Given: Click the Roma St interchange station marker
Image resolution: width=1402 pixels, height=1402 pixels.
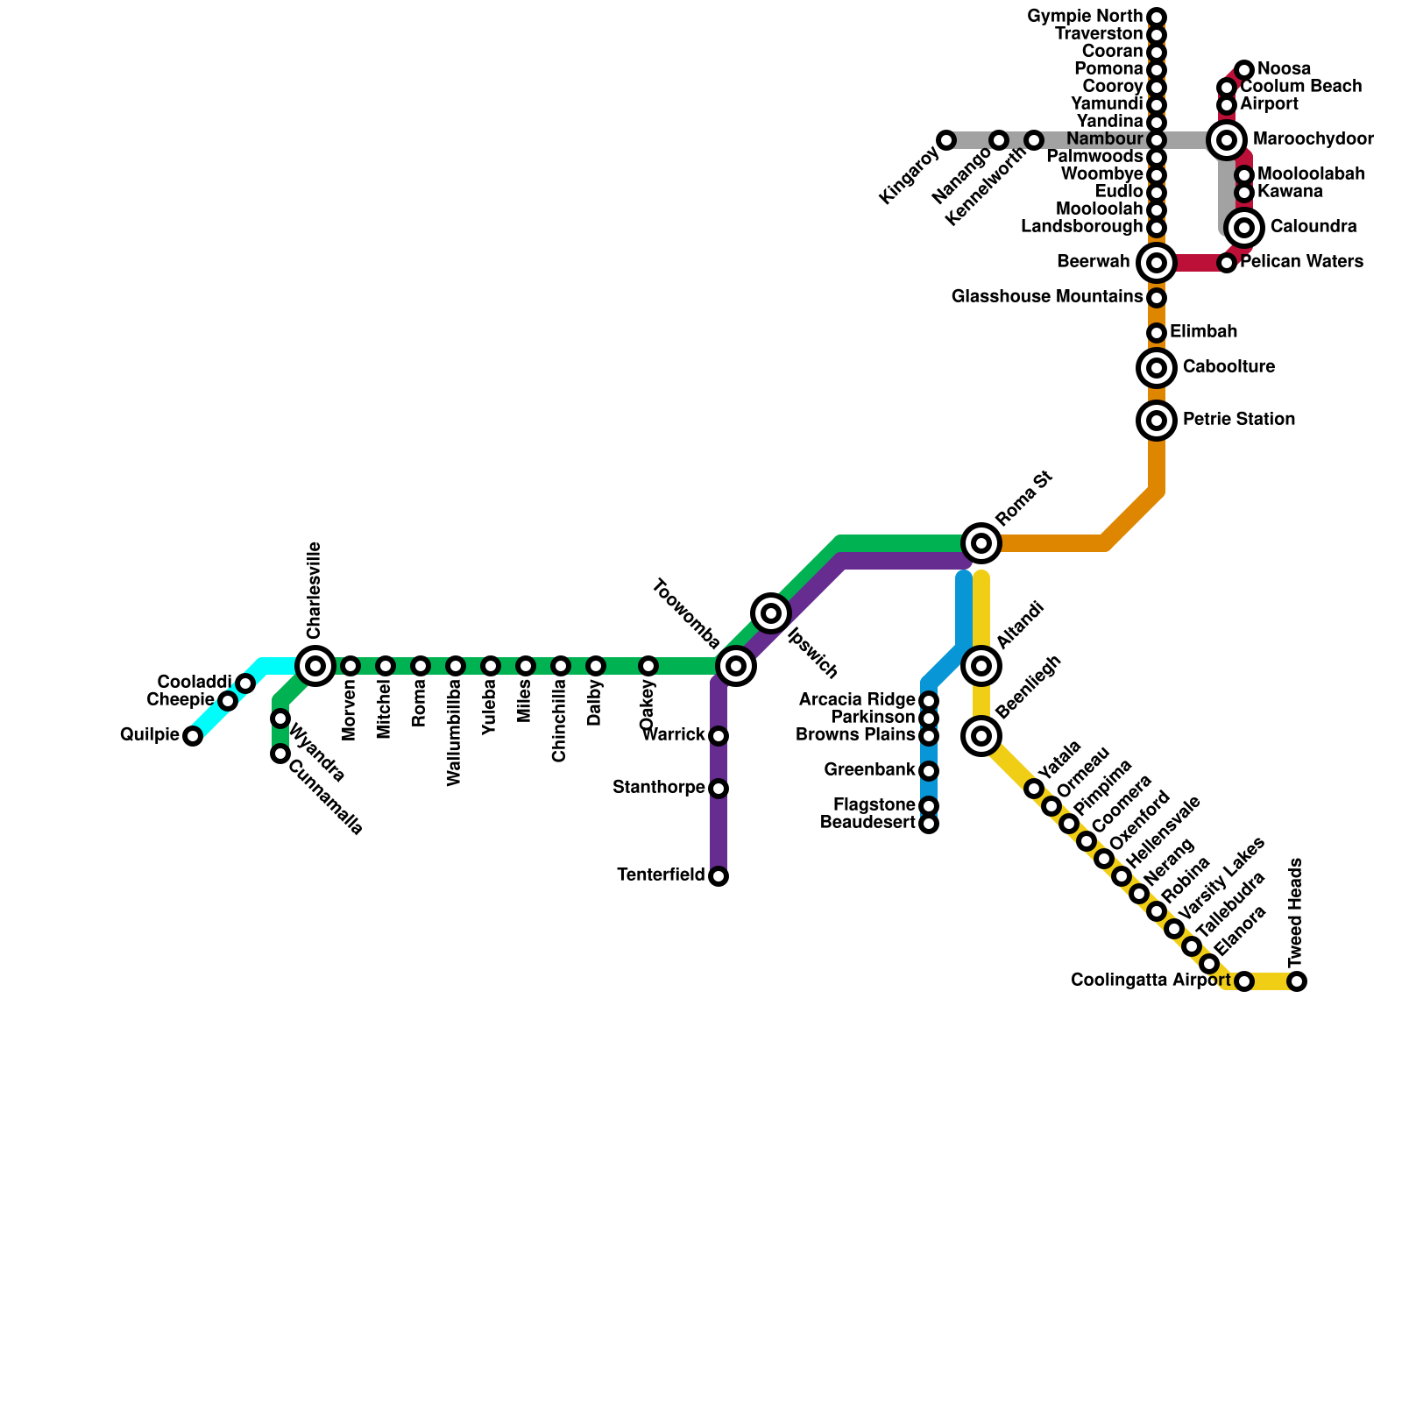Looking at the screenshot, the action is tap(981, 543).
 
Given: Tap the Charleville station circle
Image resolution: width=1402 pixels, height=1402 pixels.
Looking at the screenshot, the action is tap(315, 666).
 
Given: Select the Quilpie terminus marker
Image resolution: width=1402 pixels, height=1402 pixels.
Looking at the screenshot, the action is tap(193, 736).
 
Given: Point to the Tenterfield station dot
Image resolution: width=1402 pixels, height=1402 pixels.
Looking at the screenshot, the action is tap(719, 876).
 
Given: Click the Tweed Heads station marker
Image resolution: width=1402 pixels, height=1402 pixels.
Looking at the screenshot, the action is tap(1297, 981).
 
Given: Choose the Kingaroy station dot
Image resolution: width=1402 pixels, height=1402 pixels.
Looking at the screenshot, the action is tap(946, 140).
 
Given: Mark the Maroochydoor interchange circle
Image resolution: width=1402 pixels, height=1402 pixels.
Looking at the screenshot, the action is tap(1227, 140).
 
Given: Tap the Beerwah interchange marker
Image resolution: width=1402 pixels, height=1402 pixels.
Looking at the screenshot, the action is tap(1157, 263).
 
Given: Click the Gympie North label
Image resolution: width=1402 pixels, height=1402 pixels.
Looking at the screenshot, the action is tap(1096, 17).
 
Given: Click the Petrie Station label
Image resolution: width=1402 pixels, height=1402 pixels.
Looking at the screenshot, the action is tap(1238, 420).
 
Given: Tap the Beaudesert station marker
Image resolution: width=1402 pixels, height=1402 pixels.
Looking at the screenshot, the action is tap(929, 824).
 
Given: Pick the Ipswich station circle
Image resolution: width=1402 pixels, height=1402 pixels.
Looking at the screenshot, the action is tap(771, 613).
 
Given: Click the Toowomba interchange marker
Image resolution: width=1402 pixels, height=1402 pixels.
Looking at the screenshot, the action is tap(736, 666).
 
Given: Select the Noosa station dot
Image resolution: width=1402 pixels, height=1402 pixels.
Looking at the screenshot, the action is tap(1244, 70).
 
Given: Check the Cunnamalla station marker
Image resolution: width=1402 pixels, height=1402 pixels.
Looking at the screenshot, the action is tap(280, 754).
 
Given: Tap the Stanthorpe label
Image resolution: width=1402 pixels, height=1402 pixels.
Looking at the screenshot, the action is tap(658, 788).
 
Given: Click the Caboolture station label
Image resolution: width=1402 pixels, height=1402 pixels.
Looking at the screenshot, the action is tap(1228, 367).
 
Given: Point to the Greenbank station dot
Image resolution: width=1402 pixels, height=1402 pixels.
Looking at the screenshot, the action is tap(929, 771).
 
